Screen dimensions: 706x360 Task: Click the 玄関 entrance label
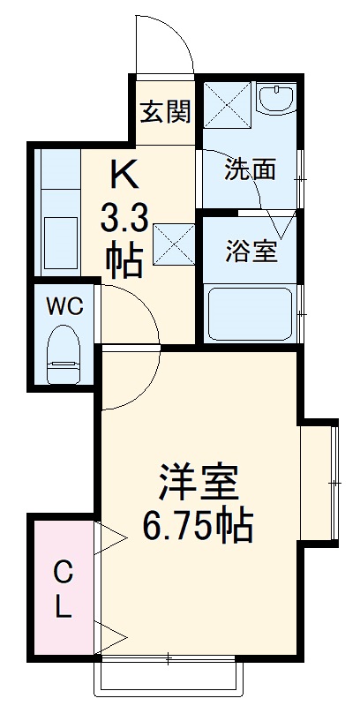pyautogui.click(x=165, y=112)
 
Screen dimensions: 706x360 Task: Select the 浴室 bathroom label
pyautogui.click(x=250, y=252)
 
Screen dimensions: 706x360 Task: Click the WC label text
pyautogui.click(x=64, y=306)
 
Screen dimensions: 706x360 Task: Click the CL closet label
pyautogui.click(x=64, y=590)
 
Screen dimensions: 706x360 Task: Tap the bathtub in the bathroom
pyautogui.click(x=250, y=314)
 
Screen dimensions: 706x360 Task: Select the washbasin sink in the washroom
pyautogui.click(x=279, y=99)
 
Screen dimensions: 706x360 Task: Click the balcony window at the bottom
pyautogui.click(x=168, y=676)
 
